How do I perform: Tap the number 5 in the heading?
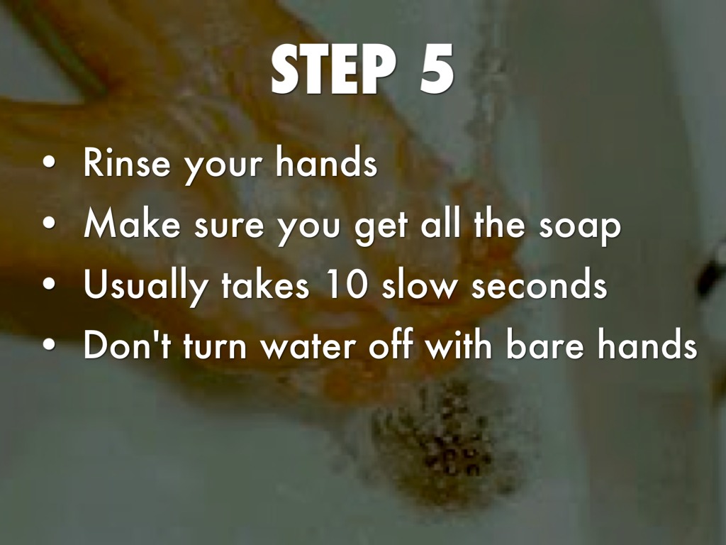coord(437,70)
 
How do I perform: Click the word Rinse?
coord(126,163)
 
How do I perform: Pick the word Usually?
coord(145,286)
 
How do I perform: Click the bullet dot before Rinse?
coord(49,163)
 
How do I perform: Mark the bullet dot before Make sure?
coord(49,224)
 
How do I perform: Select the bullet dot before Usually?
coord(49,284)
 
